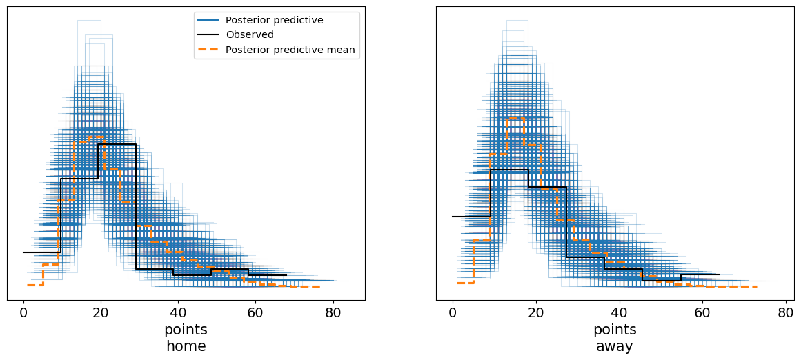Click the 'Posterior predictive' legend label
(274, 20)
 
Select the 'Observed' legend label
(249, 34)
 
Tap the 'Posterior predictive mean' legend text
(290, 49)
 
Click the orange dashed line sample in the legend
(208, 49)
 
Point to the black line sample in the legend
(208, 34)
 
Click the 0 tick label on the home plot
(23, 312)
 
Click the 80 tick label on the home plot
(334, 312)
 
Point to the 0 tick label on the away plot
(453, 312)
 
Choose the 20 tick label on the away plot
(536, 312)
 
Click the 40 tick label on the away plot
(620, 312)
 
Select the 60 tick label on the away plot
(702, 312)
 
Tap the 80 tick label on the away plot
(786, 312)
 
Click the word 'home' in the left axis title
(186, 346)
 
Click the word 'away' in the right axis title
(615, 346)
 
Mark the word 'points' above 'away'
(615, 330)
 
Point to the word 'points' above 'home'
(186, 330)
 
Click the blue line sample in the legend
(208, 20)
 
